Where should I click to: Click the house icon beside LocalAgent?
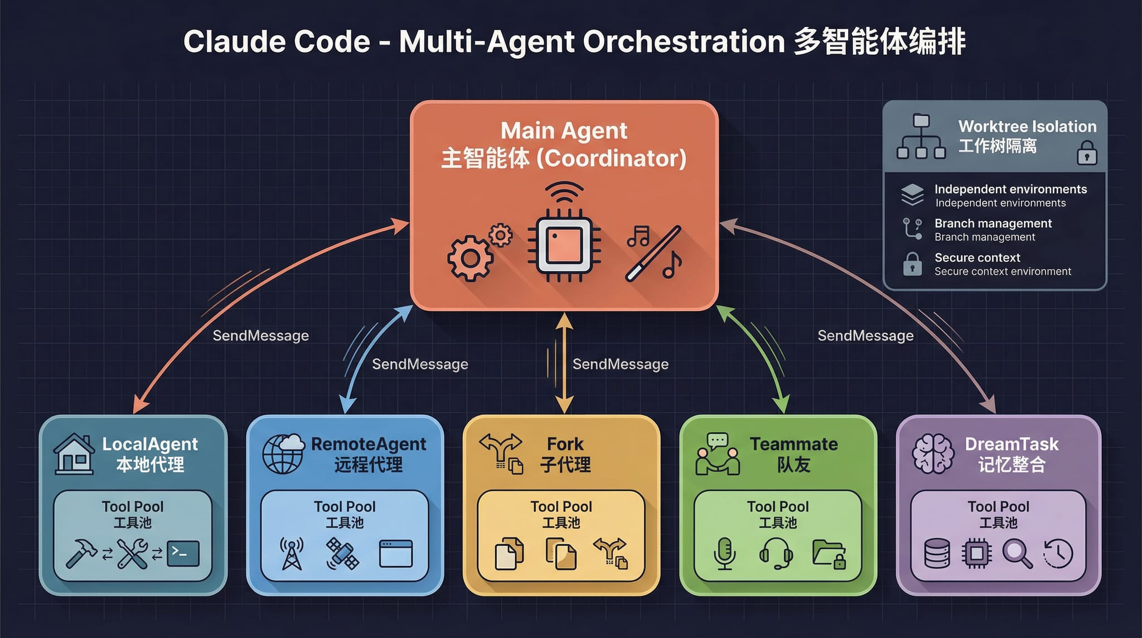tap(74, 454)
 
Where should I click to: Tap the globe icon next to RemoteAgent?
tap(283, 454)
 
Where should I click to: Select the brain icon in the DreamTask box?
tap(933, 454)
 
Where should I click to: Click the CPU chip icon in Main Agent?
tap(564, 246)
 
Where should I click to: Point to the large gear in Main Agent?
tap(470, 258)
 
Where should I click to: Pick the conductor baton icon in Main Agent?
tap(653, 253)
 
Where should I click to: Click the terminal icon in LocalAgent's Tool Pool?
tap(183, 553)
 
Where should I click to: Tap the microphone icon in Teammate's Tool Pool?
tap(724, 554)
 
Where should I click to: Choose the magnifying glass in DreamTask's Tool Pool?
tap(1017, 554)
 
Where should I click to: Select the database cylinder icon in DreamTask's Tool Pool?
tap(937, 553)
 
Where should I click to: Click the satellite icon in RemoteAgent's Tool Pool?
tap(342, 553)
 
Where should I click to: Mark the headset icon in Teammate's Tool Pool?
tap(776, 553)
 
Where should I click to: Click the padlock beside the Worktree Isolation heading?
tap(1087, 152)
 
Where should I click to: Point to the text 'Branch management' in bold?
tap(993, 223)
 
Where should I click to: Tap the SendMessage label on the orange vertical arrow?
tap(620, 364)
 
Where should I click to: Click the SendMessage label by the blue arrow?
tap(420, 364)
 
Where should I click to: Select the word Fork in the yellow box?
tap(565, 444)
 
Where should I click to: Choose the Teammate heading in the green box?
tap(793, 444)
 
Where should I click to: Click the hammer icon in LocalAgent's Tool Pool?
tap(81, 553)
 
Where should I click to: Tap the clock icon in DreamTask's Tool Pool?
tap(1058, 554)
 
